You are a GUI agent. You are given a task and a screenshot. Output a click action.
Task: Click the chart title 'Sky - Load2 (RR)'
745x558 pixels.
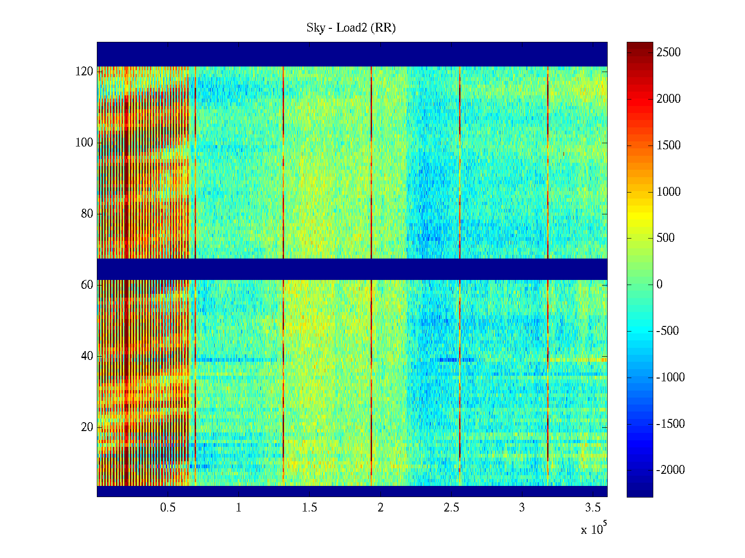tap(351, 28)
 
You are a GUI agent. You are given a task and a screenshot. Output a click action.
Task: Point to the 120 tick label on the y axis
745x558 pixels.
tap(84, 72)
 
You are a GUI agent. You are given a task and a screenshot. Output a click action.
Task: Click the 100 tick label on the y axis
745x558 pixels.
tap(84, 143)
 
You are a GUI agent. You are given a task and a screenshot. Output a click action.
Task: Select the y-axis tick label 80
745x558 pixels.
tap(87, 214)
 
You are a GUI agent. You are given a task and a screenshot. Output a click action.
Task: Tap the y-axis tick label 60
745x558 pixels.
tap(87, 285)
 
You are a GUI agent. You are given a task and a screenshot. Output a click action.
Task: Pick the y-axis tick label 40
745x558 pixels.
tap(87, 356)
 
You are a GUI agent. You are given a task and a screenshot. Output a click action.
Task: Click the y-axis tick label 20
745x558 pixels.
tap(87, 427)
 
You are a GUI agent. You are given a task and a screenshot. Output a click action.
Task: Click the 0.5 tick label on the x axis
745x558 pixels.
tap(168, 508)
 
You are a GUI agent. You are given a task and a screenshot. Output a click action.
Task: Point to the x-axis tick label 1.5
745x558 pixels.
tap(309, 508)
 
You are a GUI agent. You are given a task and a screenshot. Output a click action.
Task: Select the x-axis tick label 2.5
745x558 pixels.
tap(451, 508)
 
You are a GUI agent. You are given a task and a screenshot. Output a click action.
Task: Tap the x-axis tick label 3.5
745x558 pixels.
tap(593, 508)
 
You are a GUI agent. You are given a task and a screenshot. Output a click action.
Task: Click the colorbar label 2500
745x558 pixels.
tap(669, 53)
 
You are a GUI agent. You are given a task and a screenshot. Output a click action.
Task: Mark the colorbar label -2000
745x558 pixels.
tap(670, 470)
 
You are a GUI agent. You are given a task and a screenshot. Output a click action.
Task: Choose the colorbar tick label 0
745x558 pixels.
tap(659, 285)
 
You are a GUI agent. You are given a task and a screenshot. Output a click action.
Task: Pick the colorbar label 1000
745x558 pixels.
tap(669, 192)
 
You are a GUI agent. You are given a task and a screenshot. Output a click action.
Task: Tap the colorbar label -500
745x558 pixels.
tap(667, 331)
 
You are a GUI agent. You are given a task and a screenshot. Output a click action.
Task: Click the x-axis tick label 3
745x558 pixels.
tap(522, 508)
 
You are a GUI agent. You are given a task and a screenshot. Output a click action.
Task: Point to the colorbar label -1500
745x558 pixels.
tap(670, 424)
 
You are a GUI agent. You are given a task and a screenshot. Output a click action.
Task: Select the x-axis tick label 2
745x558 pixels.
tap(380, 508)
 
